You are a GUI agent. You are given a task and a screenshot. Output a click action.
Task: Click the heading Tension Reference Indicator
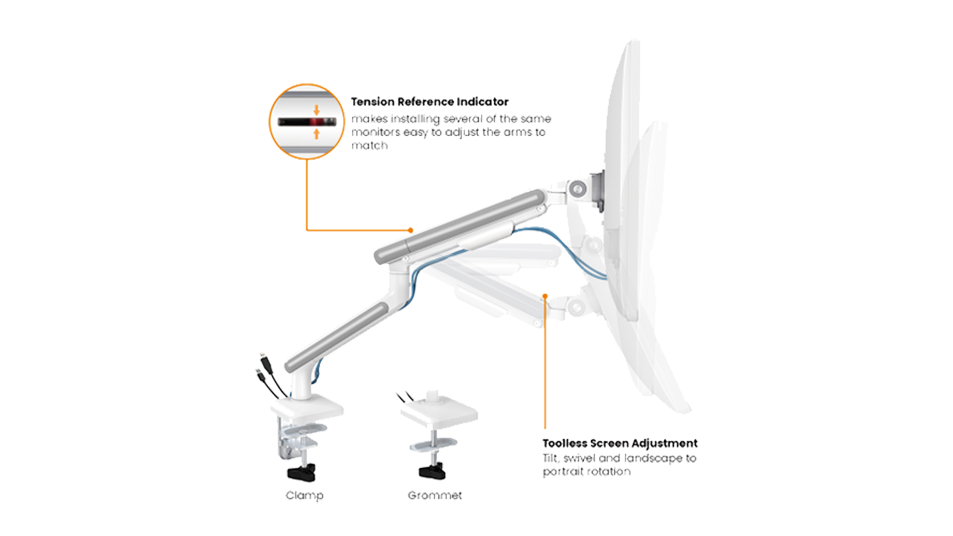click(429, 102)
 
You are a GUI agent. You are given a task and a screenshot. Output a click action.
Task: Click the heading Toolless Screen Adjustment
click(620, 443)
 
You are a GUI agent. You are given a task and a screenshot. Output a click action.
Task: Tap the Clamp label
click(304, 495)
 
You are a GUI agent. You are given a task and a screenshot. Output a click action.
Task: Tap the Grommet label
click(435, 495)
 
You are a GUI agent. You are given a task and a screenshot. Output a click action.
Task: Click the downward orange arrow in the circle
click(316, 110)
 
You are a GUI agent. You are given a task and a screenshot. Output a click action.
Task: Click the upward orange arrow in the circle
click(316, 134)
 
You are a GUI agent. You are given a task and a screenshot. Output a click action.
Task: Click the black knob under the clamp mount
click(302, 472)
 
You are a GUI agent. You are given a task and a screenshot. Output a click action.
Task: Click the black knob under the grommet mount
click(432, 471)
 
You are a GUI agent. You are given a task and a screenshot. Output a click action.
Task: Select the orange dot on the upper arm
click(410, 230)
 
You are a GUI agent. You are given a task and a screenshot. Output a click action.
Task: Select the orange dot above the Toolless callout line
click(545, 296)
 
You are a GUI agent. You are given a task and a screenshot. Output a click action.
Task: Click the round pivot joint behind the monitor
click(578, 189)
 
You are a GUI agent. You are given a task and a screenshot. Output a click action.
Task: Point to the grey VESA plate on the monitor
click(597, 191)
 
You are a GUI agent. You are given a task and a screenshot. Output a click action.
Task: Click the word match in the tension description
click(369, 145)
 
